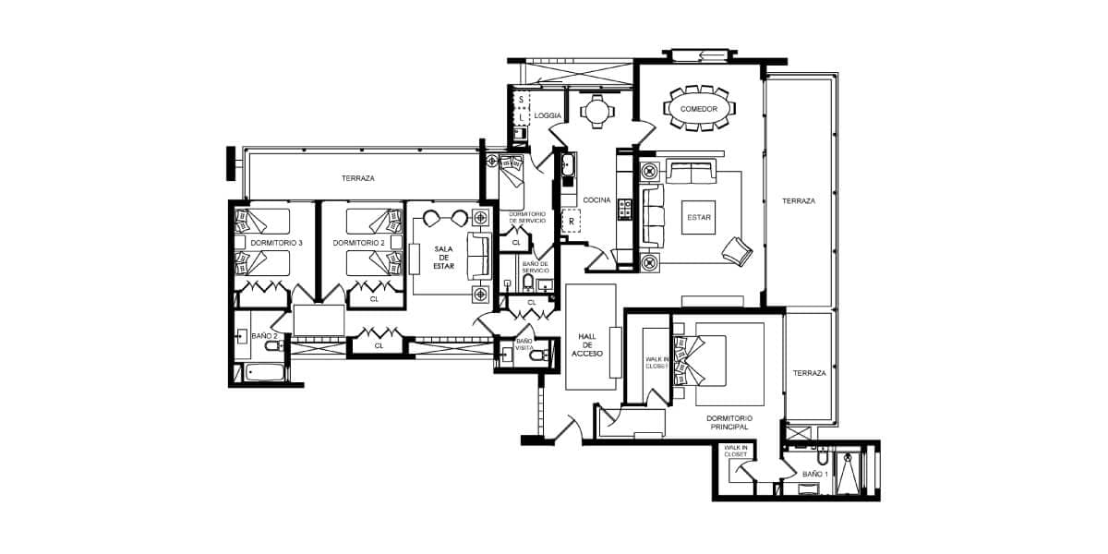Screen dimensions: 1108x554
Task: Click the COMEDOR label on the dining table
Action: (698, 109)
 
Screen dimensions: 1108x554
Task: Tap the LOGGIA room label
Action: (548, 115)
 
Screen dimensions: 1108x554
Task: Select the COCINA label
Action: (596, 200)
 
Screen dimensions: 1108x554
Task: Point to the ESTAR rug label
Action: (698, 218)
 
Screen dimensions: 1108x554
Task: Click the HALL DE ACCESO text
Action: (587, 345)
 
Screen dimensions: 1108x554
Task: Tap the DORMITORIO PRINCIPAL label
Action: (729, 423)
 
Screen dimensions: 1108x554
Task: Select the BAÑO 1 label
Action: (814, 474)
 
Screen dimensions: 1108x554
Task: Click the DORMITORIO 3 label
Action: (276, 243)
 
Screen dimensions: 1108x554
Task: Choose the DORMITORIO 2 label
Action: (358, 243)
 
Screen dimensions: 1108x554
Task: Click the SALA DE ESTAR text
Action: (444, 258)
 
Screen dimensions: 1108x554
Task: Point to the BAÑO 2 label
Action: (264, 336)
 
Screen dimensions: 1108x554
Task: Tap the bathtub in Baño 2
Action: (265, 372)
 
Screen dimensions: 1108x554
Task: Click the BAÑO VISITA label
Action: (524, 344)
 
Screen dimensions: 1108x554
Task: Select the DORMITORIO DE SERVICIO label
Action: (527, 218)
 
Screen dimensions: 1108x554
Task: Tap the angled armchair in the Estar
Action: (737, 251)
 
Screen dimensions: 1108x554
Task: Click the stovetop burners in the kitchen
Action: (625, 209)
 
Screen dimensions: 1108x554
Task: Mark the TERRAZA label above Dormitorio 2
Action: (357, 178)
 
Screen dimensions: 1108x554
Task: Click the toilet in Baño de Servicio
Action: (528, 283)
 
